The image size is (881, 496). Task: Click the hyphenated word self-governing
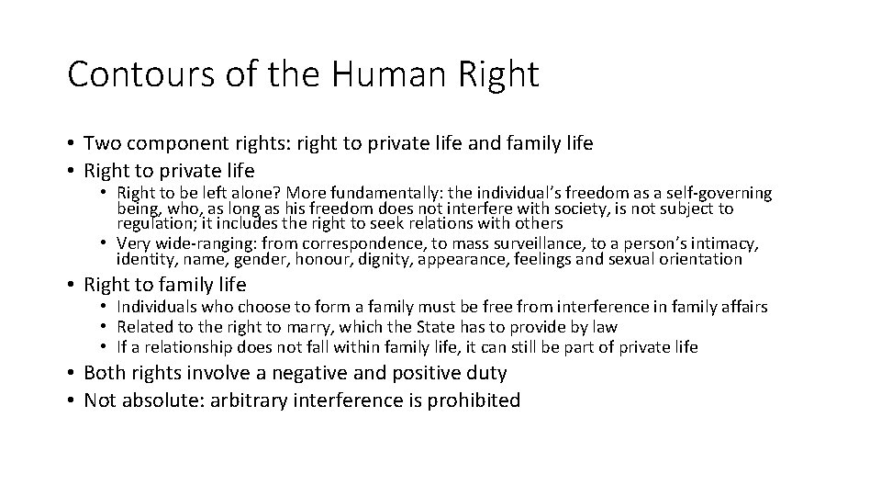click(718, 194)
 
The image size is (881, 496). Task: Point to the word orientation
click(701, 260)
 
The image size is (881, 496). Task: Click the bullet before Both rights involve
click(72, 373)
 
